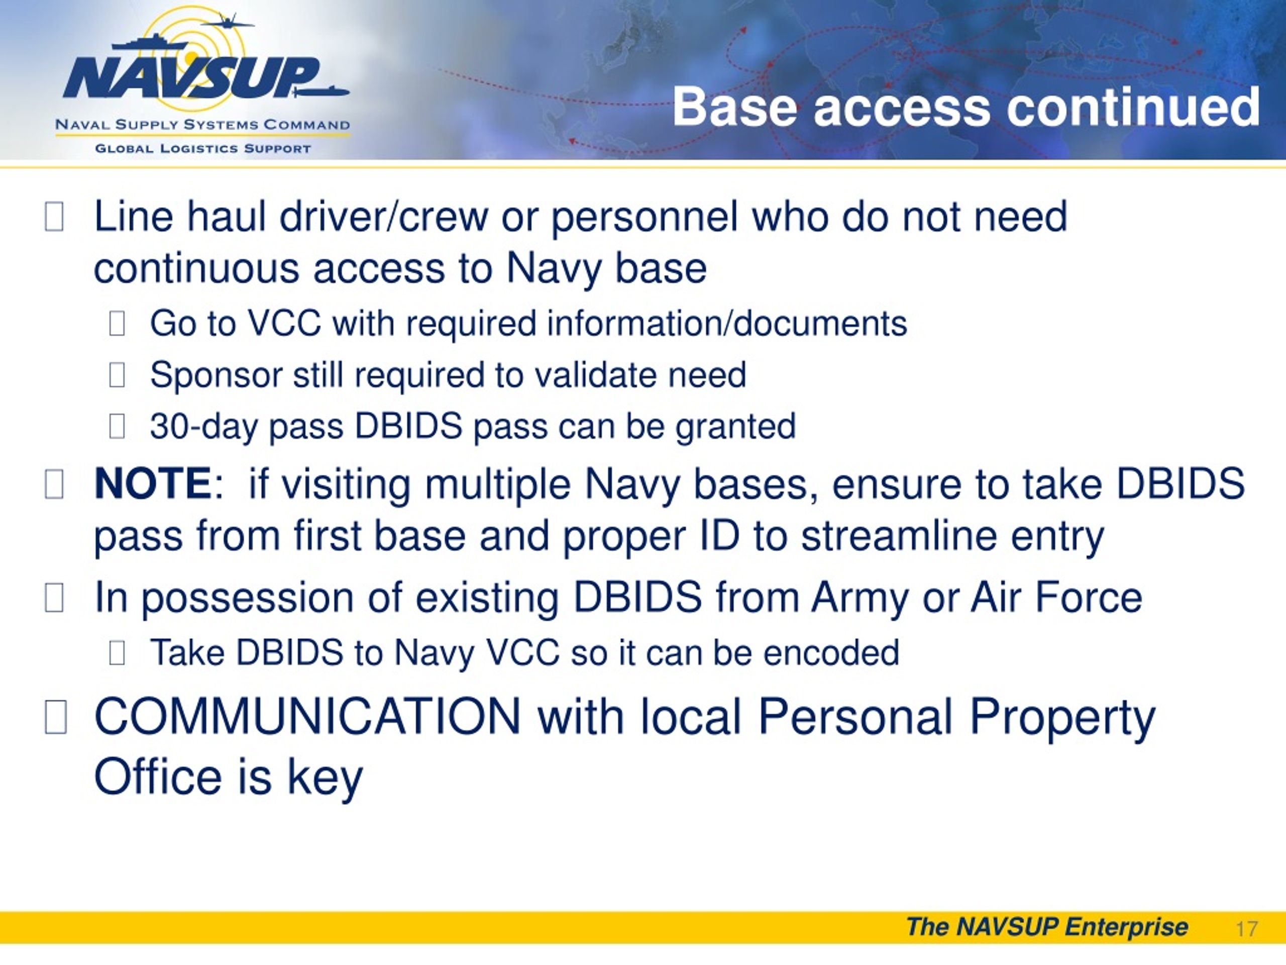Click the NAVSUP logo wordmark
[x=192, y=77]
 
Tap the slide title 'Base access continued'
[x=966, y=107]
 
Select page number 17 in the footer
[x=1246, y=928]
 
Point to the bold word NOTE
[x=153, y=484]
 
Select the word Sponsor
[x=216, y=374]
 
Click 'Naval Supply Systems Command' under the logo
[x=202, y=125]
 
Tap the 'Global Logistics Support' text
[x=202, y=148]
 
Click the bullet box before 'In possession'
[x=54, y=598]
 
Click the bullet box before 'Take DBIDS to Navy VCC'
[x=117, y=653]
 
